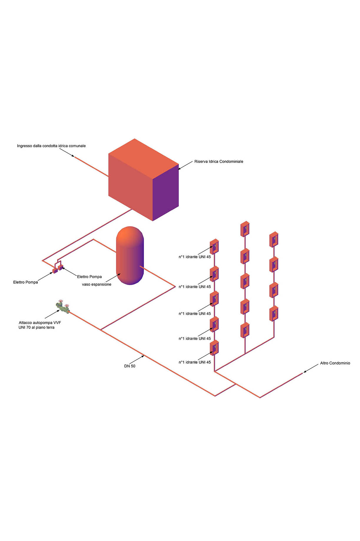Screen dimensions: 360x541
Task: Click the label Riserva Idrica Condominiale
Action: [219, 162]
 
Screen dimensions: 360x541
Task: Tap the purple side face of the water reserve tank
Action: [166, 193]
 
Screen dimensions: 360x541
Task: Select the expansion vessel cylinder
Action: [130, 255]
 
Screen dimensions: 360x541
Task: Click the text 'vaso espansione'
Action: [97, 284]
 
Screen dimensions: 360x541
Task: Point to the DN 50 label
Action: [130, 366]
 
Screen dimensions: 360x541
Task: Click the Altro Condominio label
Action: [335, 363]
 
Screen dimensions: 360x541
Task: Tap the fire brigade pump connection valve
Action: [63, 307]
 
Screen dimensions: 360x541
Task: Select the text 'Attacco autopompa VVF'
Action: [40, 323]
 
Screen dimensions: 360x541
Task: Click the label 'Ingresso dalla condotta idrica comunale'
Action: [51, 146]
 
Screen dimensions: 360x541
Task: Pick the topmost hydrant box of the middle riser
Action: [245, 229]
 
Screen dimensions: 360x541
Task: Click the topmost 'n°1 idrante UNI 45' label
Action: [195, 257]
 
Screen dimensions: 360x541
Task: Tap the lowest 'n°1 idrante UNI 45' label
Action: [195, 362]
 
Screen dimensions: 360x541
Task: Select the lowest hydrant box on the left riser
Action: [214, 348]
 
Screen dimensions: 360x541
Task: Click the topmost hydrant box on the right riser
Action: [274, 239]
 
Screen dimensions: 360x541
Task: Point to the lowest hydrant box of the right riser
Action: [274, 314]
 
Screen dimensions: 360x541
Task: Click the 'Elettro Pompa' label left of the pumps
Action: [26, 282]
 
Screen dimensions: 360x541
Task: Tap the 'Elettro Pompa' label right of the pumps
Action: [89, 277]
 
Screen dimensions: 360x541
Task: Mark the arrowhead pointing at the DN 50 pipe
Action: [143, 356]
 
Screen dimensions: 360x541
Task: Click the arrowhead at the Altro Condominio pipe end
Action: [305, 372]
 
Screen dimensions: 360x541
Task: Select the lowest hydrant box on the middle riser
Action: [245, 330]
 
